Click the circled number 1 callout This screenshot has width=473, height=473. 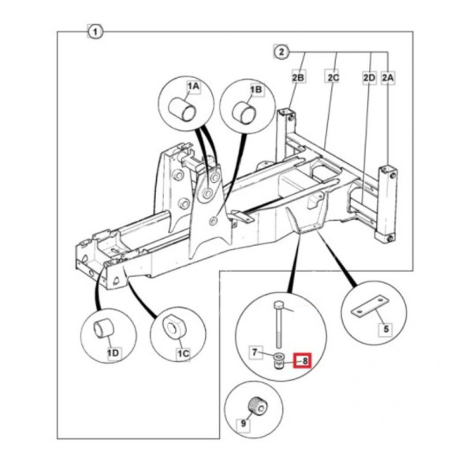[95, 32]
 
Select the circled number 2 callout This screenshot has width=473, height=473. [281, 52]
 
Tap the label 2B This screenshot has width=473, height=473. [298, 77]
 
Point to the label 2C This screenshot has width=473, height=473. [333, 77]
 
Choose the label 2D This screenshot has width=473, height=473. [369, 78]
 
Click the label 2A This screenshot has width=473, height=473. [388, 78]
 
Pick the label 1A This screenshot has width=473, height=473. [193, 87]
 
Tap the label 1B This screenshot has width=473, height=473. [255, 90]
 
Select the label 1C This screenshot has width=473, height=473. [183, 353]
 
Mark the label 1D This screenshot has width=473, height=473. [113, 352]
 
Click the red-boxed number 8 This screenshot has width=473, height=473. [304, 361]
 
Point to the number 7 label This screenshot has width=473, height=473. [255, 352]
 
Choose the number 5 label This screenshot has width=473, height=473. [385, 329]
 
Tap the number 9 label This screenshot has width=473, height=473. [244, 424]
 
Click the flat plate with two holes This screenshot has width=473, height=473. [370, 306]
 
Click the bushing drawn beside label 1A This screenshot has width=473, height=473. [182, 110]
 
